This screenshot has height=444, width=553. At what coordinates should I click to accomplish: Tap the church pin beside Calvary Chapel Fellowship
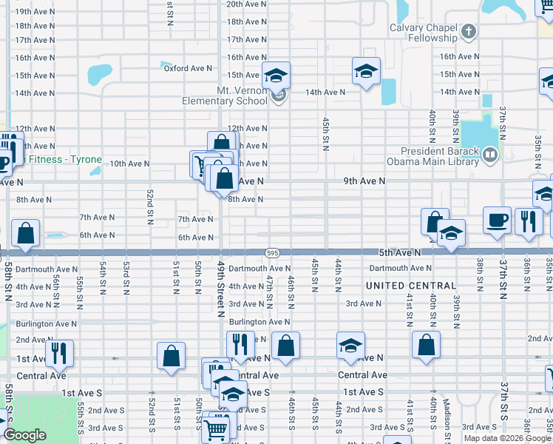469,33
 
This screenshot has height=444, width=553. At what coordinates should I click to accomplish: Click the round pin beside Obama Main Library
489,155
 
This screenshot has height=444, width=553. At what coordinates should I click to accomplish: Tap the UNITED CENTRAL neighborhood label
411,286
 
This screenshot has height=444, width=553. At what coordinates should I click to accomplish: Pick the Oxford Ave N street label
188,69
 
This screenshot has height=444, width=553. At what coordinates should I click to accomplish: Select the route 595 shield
274,252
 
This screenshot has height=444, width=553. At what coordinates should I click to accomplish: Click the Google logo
24,435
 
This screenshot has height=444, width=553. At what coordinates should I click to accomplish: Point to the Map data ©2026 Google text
507,438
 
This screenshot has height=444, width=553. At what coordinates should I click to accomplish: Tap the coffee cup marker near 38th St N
497,220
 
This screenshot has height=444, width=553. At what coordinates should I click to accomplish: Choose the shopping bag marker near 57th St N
26,232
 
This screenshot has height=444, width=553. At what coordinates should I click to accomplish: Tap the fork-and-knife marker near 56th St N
59,353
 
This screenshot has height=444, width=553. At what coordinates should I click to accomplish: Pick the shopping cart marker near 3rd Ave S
216,427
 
